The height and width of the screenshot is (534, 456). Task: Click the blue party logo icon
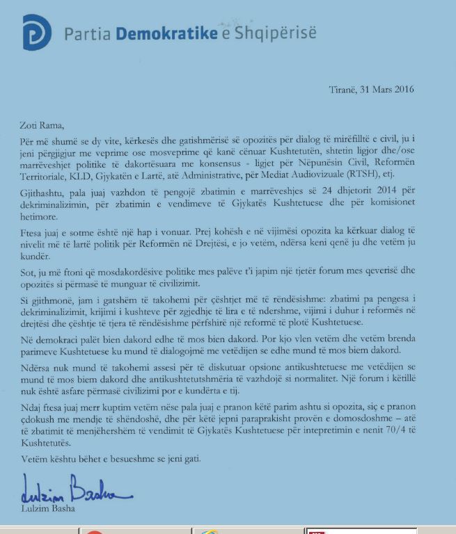[37, 32]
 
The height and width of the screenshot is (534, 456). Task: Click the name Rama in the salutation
[52, 126]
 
